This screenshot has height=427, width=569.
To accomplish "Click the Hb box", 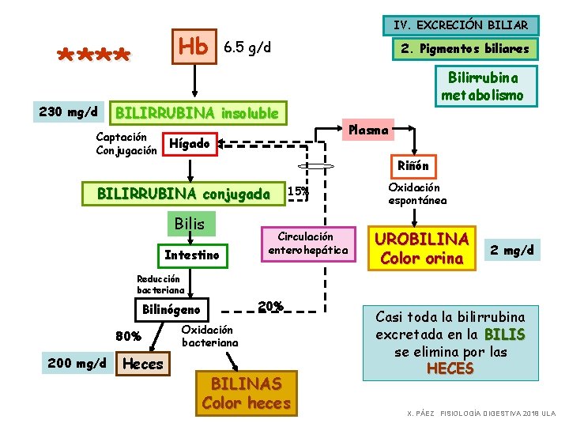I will coord(194,47).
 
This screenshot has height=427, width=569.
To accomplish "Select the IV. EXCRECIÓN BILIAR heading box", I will coord(461,26).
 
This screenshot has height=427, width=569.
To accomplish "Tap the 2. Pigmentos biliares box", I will coord(465,49).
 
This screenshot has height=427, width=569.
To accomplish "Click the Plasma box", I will coord(368,129).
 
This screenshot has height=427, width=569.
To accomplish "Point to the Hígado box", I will coord(190,144).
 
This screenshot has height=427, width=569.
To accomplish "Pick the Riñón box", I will coord(413,166).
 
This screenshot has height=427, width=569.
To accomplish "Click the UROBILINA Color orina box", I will coord(422,248).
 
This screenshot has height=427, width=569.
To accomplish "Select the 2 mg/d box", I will coord(512,251).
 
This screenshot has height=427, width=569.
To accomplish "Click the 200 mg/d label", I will coord(77,363).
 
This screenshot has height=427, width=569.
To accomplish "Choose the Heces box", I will coord(143,364).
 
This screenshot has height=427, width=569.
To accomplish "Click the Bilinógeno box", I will coord(171,309).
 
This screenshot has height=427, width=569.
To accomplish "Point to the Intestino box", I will coord(191,255).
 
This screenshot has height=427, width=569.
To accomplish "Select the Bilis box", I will coord(190,224).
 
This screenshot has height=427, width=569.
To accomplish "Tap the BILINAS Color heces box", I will coord(246,393).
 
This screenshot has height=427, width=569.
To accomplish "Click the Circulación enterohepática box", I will coord(308,244).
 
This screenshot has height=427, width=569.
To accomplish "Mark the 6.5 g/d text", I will coord(248,47).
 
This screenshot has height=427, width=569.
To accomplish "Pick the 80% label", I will coord(128,335).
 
